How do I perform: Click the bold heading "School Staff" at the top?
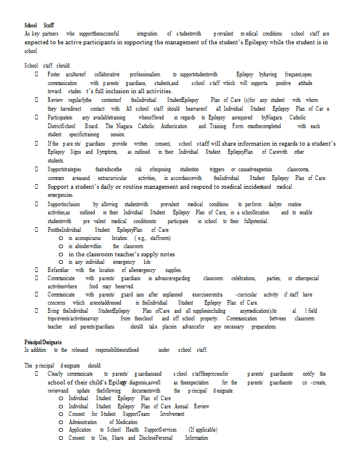click(39, 26)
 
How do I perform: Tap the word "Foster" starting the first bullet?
click(54, 75)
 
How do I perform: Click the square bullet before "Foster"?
click(36, 75)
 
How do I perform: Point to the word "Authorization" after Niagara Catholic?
click(174, 126)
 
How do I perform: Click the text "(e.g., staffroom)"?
click(152, 238)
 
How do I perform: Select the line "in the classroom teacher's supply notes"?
click(121, 254)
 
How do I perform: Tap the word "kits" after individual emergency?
click(147, 262)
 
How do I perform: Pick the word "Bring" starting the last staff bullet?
click(54, 311)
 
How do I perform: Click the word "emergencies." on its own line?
click(60, 195)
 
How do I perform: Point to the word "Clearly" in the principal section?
click(55, 374)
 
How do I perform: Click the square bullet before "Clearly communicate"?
click(36, 374)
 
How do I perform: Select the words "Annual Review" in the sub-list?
click(193, 406)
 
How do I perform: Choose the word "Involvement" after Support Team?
click(172, 414)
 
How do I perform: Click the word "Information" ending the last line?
click(196, 437)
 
